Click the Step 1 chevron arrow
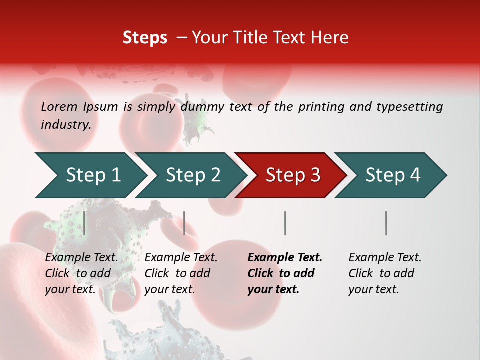click(x=93, y=175)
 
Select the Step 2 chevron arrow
click(x=193, y=175)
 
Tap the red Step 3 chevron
click(x=293, y=175)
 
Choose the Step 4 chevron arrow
click(x=393, y=175)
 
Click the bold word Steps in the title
click(x=145, y=37)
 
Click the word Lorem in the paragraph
click(x=59, y=106)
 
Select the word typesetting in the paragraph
click(x=409, y=106)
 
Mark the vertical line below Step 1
click(x=84, y=223)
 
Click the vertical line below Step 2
click(x=184, y=223)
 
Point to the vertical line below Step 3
click(x=285, y=223)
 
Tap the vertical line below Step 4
click(x=386, y=223)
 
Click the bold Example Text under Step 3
click(x=285, y=257)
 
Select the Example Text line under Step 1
click(x=81, y=257)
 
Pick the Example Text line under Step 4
click(x=385, y=257)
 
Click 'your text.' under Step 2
click(x=169, y=289)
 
